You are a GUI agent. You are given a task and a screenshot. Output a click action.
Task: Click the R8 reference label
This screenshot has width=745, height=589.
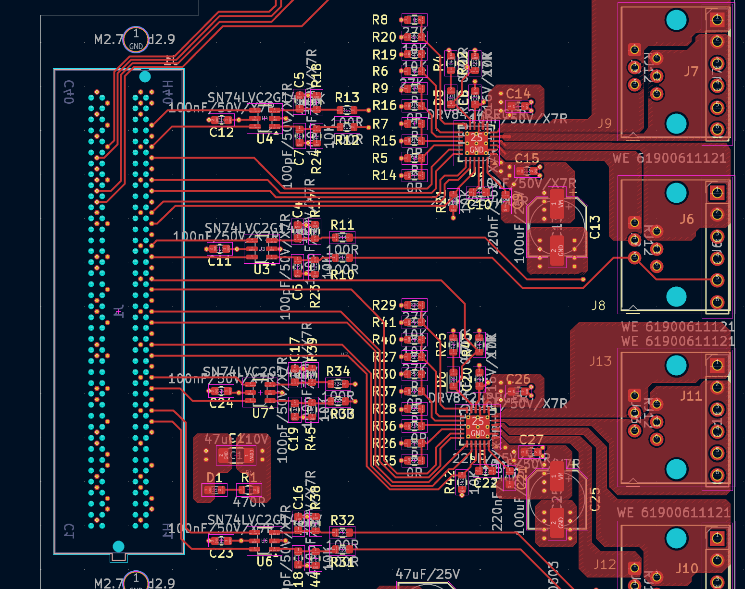click(380, 20)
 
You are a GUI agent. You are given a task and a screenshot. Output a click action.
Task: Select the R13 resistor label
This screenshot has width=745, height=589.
click(347, 98)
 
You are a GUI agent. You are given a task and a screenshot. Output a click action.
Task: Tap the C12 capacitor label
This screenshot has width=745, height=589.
click(221, 132)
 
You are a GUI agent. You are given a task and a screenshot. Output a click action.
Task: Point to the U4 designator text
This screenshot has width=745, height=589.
click(265, 139)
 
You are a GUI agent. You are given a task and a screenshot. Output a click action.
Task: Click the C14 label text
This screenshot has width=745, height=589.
click(518, 93)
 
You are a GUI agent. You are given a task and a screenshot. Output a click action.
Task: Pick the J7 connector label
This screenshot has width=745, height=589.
click(691, 72)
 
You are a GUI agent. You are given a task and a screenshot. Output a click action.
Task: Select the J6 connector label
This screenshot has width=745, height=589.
click(687, 219)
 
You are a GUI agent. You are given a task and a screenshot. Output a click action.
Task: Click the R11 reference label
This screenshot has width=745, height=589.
click(342, 225)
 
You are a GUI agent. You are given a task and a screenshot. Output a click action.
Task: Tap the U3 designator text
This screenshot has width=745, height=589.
click(262, 270)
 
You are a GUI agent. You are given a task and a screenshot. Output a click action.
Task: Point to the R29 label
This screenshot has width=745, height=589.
click(384, 305)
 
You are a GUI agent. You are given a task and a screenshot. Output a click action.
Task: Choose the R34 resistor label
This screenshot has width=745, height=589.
click(338, 371)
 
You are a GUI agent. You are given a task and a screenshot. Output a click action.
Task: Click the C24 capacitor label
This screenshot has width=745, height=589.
click(221, 403)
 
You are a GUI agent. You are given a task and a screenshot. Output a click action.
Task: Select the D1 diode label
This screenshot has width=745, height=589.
click(215, 478)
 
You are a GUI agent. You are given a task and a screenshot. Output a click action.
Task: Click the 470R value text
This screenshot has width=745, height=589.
click(249, 502)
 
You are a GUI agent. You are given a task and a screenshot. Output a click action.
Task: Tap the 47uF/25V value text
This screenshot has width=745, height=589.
click(428, 574)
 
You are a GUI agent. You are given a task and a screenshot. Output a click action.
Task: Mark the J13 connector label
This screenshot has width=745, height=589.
click(600, 361)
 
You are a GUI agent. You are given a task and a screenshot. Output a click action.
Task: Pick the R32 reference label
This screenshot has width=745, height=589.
click(342, 520)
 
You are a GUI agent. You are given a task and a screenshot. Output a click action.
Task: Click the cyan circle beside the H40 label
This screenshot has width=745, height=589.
click(145, 76)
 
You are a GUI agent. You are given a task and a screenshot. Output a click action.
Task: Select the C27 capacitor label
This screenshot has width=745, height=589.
click(531, 440)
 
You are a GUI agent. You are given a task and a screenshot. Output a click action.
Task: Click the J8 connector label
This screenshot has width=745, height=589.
click(598, 306)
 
